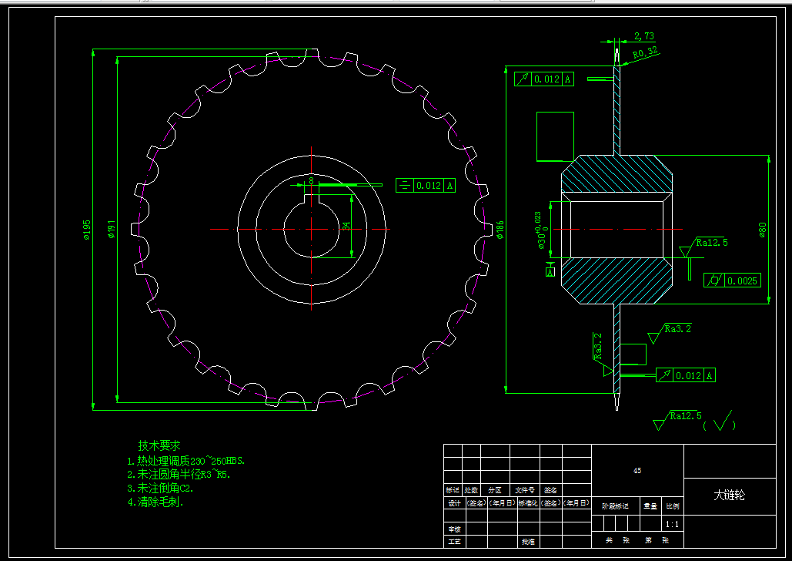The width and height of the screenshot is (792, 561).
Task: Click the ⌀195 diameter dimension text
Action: [x=87, y=230]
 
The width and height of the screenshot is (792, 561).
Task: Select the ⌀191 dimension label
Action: [x=111, y=230]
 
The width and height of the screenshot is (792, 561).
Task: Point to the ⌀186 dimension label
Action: [x=500, y=230]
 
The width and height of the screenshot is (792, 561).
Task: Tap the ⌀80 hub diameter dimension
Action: [x=763, y=230]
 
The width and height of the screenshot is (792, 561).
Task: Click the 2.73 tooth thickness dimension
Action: [x=644, y=36]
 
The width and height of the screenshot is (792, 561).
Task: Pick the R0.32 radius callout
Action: [x=645, y=53]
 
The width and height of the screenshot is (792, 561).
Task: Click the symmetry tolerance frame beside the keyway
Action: [x=425, y=185]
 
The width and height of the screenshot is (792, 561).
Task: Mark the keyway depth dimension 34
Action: [x=346, y=226]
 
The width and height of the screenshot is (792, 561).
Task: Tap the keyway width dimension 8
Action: [x=311, y=180]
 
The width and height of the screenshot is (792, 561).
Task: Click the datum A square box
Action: [x=550, y=271]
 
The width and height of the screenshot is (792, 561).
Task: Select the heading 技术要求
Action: [x=159, y=445]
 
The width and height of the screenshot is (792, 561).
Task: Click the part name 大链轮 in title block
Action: [x=729, y=495]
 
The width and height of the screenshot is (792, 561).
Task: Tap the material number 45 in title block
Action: [x=637, y=470]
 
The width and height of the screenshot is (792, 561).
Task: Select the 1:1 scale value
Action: [x=672, y=524]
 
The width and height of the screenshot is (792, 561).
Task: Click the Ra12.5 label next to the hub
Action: [x=712, y=243]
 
